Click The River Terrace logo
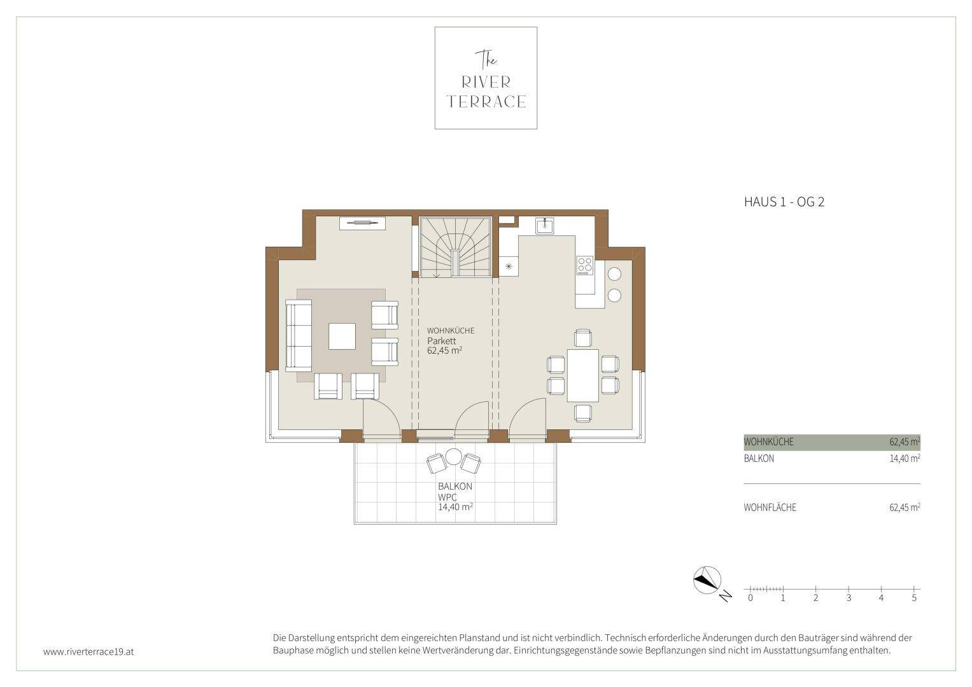[486, 78]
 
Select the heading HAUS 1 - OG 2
[784, 202]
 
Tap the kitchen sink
[544, 226]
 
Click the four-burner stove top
[584, 265]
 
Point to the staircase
[455, 247]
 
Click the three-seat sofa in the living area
[299, 336]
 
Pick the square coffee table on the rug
[342, 336]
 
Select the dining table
[583, 375]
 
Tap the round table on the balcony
[453, 457]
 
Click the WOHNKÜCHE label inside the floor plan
[451, 331]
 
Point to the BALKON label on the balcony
[454, 487]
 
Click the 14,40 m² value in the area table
[905, 459]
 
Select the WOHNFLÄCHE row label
[770, 508]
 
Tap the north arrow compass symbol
[707, 580]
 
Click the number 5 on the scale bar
[914, 598]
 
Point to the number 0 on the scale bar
[750, 598]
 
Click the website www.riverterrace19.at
[88, 652]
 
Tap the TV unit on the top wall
[362, 223]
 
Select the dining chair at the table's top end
[583, 338]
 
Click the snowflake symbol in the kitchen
[509, 267]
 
